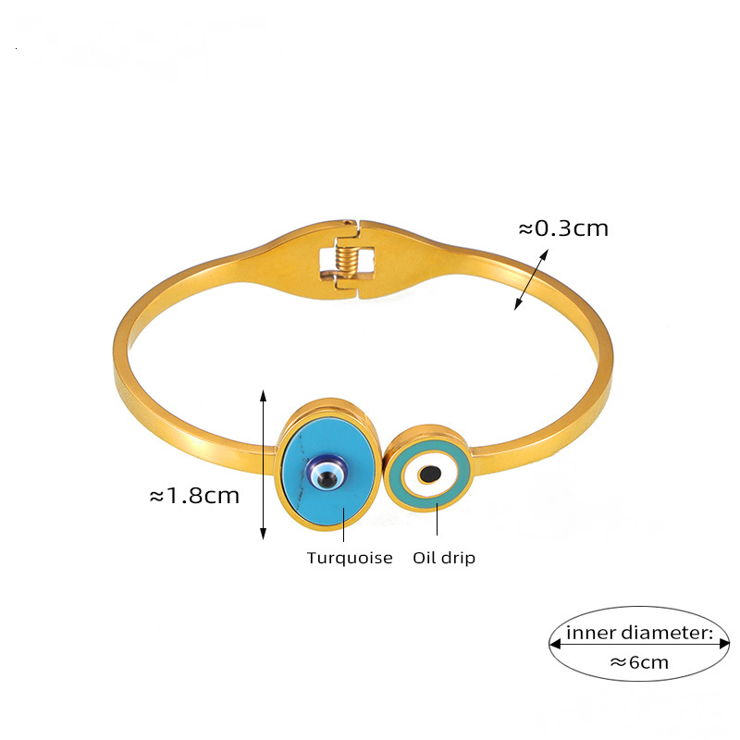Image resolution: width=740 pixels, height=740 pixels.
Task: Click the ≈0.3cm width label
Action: (x=562, y=228)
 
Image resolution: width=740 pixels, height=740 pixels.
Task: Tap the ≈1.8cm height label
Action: (x=194, y=496)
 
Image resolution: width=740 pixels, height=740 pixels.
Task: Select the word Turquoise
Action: (x=350, y=558)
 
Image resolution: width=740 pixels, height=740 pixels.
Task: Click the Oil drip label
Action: (x=444, y=558)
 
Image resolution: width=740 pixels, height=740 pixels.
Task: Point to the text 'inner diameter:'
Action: (x=640, y=634)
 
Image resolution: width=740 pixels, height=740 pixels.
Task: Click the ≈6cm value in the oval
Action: (x=639, y=661)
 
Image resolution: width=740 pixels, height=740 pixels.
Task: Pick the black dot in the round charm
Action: (x=428, y=475)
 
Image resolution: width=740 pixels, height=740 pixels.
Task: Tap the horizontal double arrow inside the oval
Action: (x=640, y=647)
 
